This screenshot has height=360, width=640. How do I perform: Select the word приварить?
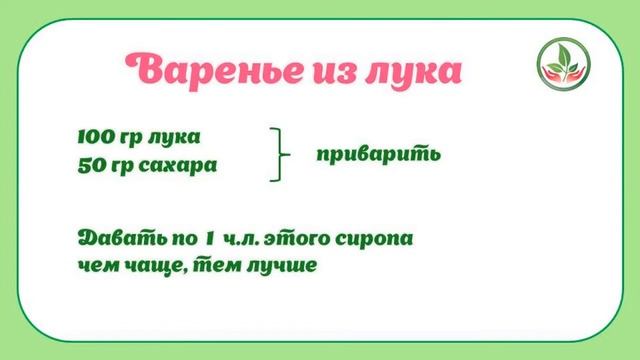point(378,156)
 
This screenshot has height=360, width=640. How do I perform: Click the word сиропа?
point(377,242)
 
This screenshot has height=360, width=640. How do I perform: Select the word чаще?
point(152,268)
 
